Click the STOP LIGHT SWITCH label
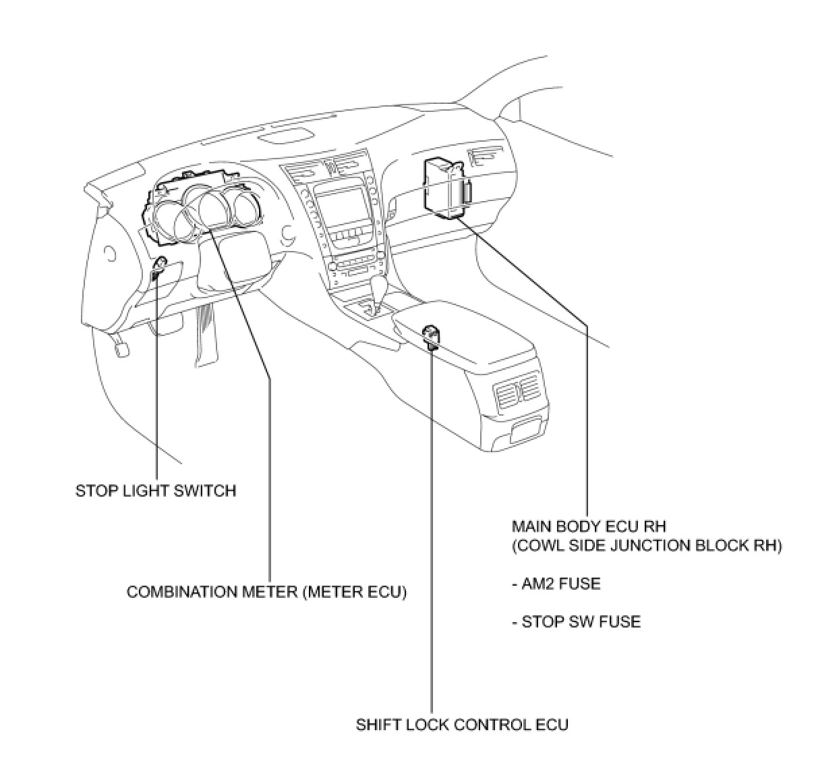156,491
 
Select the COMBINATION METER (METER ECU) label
267,592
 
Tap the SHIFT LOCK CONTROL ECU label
462,725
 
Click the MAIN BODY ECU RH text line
589,526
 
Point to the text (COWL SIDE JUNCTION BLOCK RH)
647,545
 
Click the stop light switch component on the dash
160,267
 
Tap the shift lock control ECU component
432,336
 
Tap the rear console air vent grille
517,394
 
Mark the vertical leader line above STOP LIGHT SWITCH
157,378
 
